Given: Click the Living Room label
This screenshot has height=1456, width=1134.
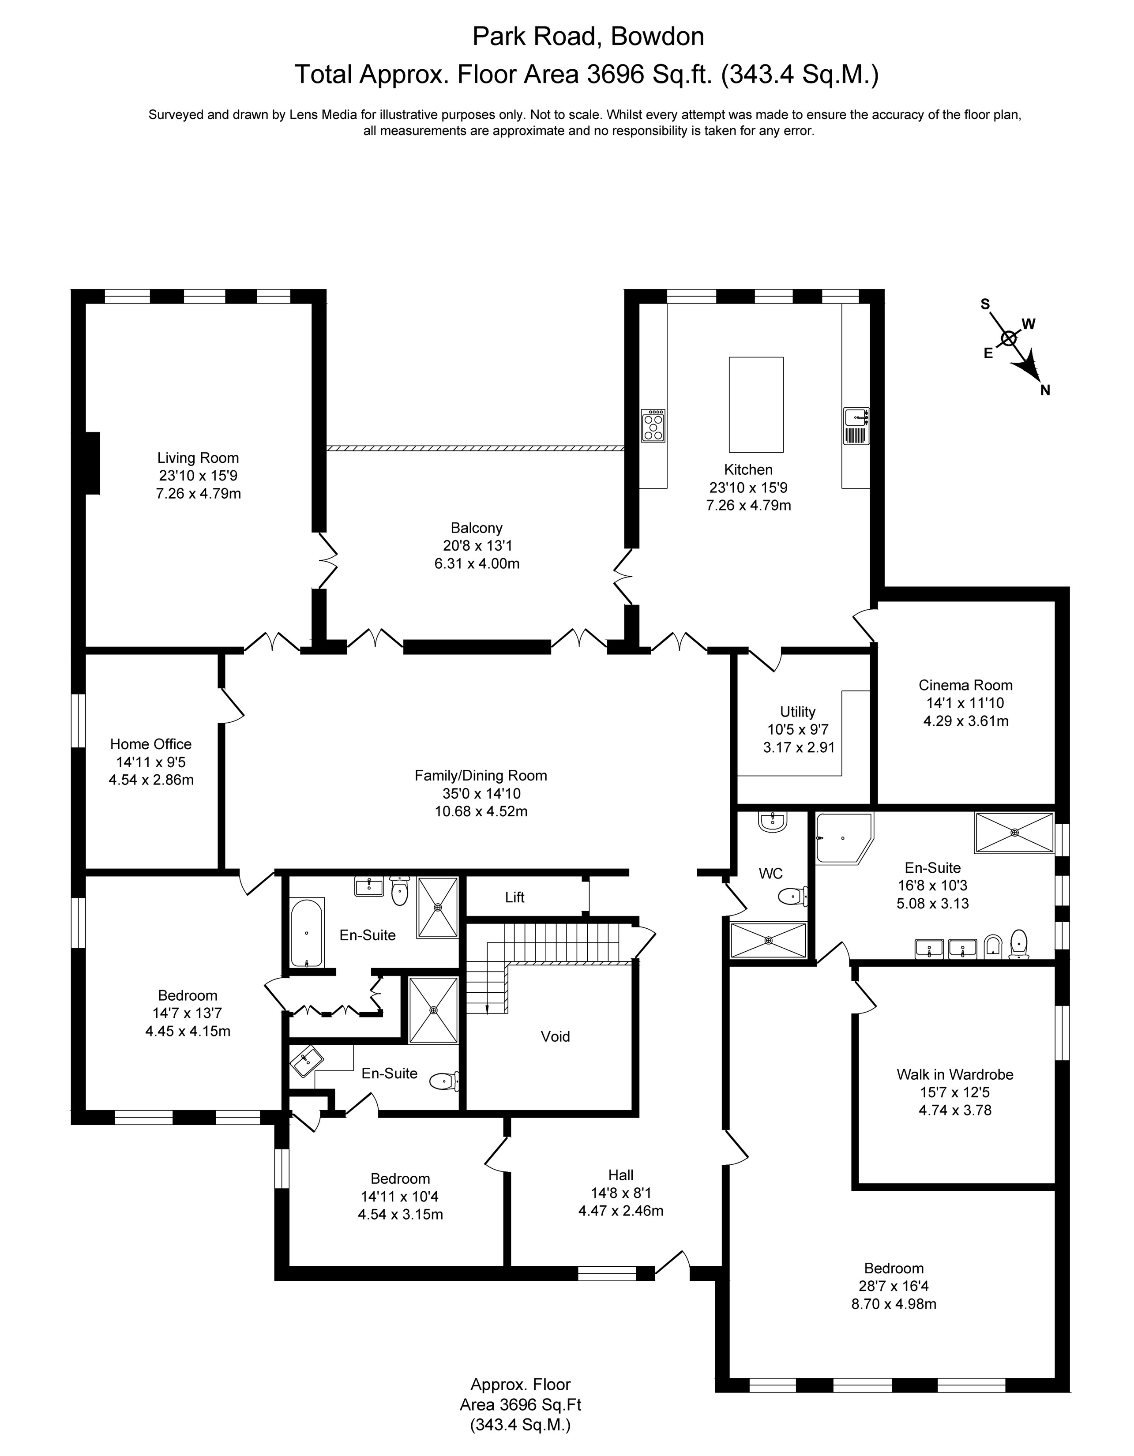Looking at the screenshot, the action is (x=198, y=458).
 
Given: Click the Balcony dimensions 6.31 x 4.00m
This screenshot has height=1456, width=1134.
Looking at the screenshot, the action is (x=477, y=564).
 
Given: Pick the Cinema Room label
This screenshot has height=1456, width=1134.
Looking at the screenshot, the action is (x=965, y=685).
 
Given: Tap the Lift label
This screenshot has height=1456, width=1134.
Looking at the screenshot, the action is (x=514, y=897).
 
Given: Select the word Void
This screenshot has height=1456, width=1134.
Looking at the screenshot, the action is (x=556, y=1037).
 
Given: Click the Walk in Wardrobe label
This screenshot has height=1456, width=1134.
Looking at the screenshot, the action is (x=955, y=1075).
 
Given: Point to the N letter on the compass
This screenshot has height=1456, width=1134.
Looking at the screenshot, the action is (x=1045, y=390).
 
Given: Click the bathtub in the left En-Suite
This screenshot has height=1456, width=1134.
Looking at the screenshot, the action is (x=307, y=932).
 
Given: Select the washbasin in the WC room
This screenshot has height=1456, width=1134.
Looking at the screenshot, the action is (x=774, y=822).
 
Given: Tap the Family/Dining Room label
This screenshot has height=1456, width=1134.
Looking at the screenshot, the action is (x=481, y=775).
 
